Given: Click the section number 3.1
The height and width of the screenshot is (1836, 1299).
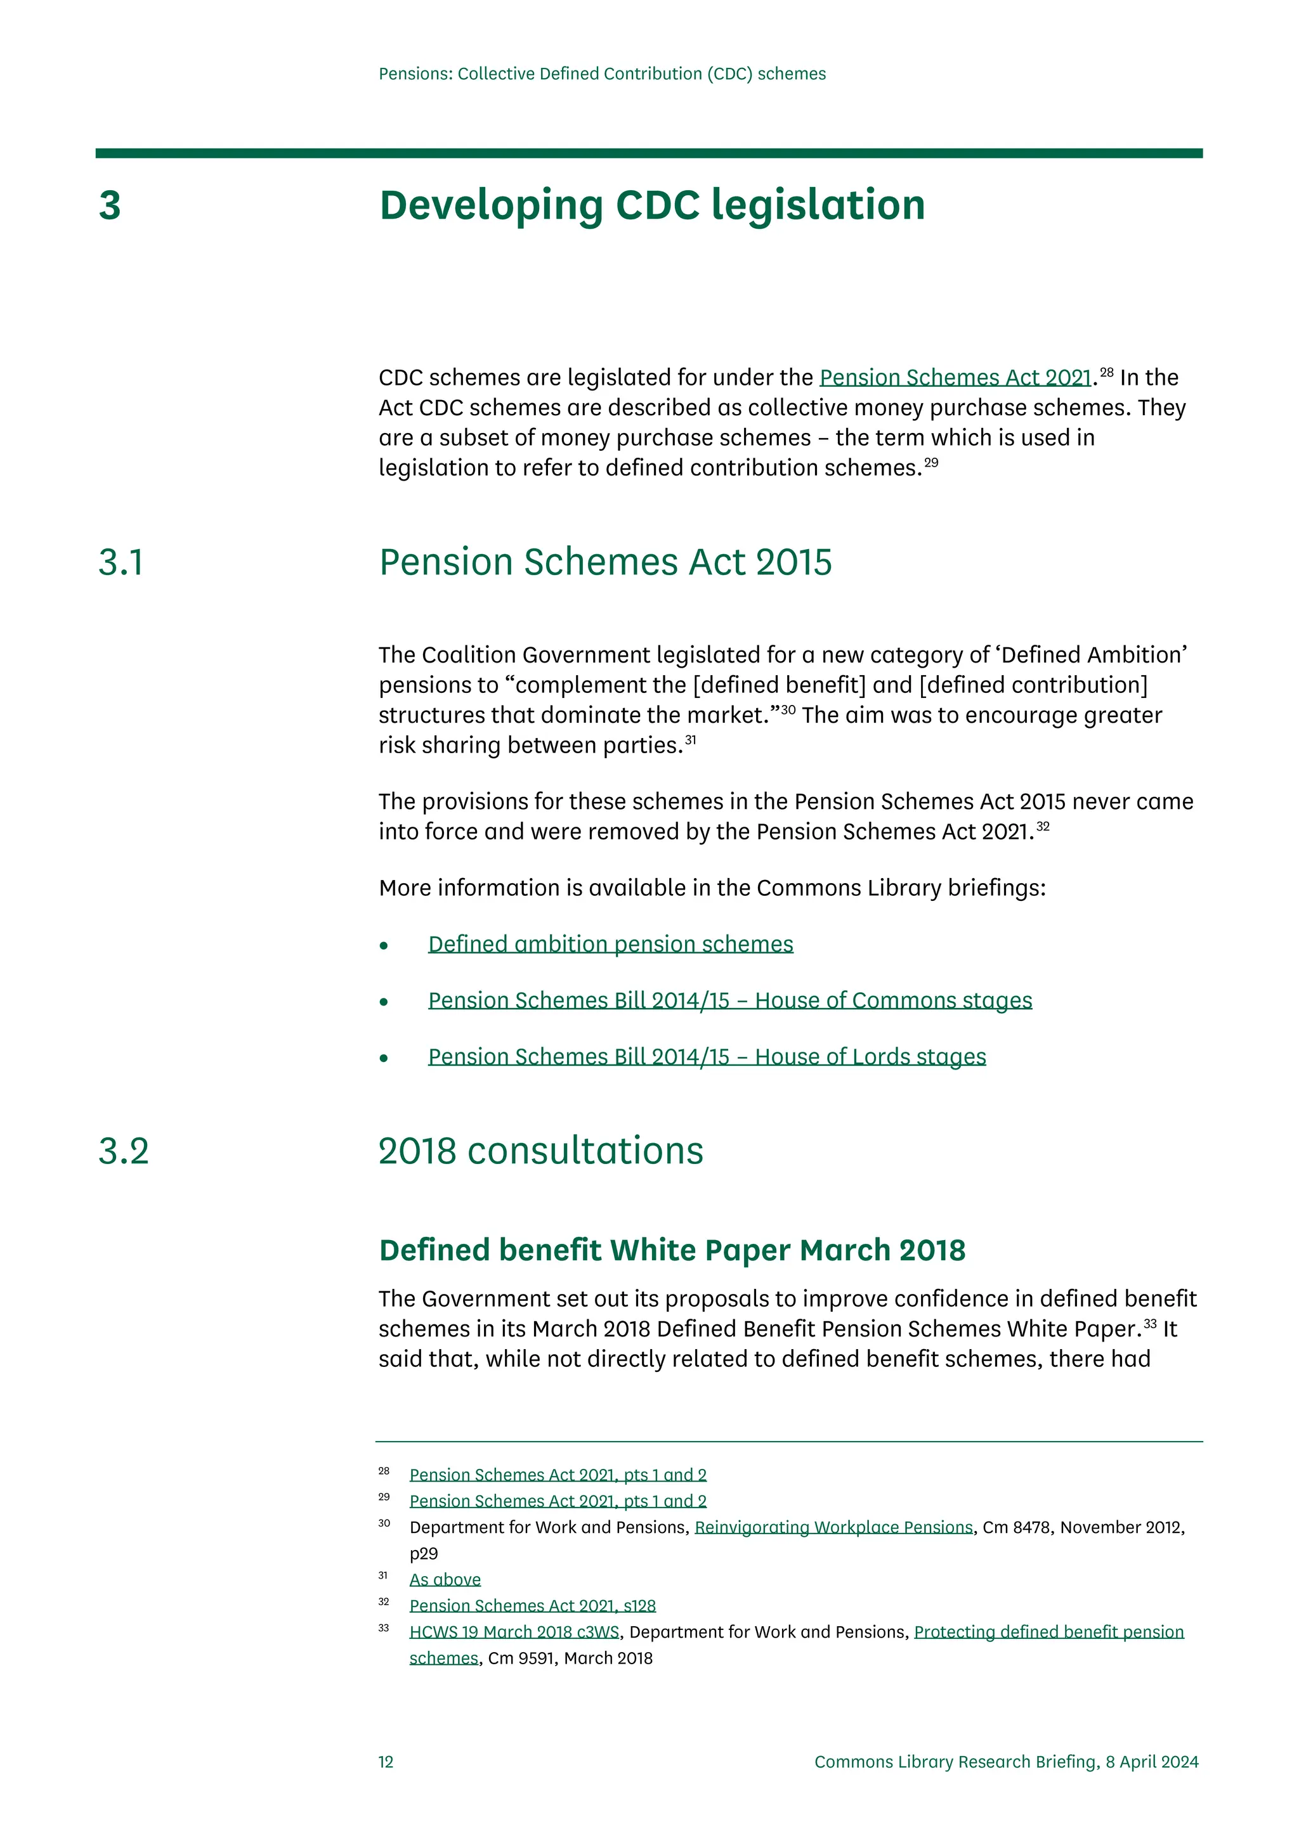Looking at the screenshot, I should [121, 562].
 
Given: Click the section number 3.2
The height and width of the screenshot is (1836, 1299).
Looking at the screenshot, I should [123, 1151].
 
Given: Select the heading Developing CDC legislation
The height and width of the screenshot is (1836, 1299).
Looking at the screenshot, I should [652, 205].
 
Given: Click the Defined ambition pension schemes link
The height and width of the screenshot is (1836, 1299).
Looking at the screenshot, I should [610, 945].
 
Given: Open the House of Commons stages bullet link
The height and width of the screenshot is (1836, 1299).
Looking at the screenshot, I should [729, 1000].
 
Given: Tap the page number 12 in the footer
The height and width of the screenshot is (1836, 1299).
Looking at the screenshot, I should [386, 1762].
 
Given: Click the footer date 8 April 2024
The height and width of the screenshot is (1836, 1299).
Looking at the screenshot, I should [1152, 1762].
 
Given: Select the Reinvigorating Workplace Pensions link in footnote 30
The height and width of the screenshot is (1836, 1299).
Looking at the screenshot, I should [833, 1527].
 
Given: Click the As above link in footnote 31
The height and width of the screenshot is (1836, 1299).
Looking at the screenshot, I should [445, 1579].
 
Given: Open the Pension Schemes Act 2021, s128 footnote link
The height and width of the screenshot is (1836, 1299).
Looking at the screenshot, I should [532, 1606].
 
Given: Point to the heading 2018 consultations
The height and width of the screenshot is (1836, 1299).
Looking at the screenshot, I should [540, 1151].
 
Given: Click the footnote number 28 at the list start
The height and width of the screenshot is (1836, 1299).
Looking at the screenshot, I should [384, 1471].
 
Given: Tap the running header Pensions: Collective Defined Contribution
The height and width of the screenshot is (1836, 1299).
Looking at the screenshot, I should [601, 74].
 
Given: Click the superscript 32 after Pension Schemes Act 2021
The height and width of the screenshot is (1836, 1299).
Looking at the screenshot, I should [1042, 826].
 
